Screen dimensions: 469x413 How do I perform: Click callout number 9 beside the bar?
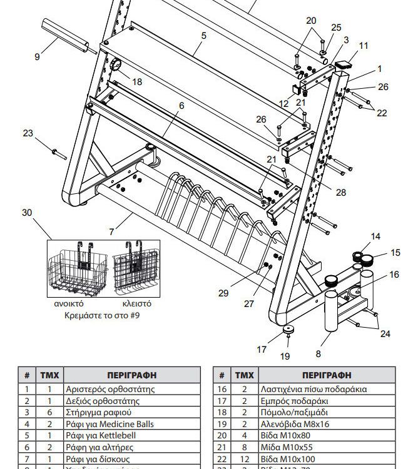click(37, 57)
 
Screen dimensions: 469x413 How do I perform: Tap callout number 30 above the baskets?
click(26, 213)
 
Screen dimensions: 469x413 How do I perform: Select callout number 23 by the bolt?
click(28, 133)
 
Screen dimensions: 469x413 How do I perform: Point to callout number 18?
click(137, 82)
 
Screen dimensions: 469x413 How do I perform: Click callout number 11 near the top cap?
click(364, 46)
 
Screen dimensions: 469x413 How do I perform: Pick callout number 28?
click(341, 193)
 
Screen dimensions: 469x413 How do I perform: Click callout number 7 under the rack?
click(111, 231)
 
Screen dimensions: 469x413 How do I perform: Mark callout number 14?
click(375, 236)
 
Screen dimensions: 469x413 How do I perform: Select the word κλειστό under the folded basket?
click(136, 303)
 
